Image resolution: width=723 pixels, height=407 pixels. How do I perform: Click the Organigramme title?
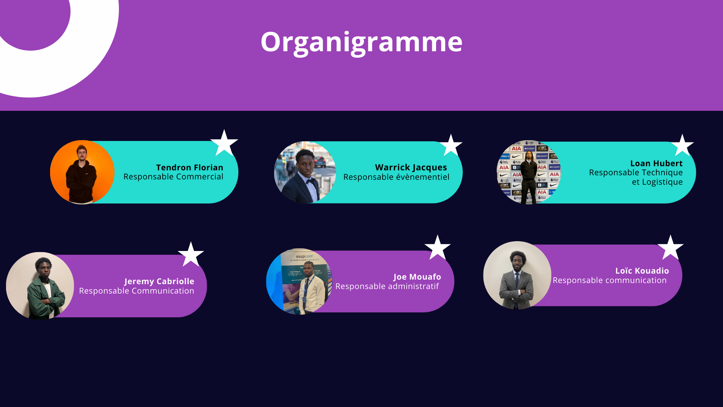tap(361, 42)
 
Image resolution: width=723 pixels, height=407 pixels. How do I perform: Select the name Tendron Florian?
tap(190, 167)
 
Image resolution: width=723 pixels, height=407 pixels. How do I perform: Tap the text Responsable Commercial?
tap(173, 177)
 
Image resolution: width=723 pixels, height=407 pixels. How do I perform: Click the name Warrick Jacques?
tap(411, 168)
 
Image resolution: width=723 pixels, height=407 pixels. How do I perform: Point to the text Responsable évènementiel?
tap(396, 177)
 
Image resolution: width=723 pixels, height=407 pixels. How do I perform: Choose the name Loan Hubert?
tap(656, 163)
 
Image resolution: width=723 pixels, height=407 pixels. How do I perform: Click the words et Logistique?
tap(657, 182)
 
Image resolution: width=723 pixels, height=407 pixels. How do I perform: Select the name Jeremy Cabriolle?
tap(159, 282)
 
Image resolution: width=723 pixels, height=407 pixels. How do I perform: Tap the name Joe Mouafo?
tap(417, 277)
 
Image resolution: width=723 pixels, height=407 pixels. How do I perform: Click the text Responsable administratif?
tap(387, 286)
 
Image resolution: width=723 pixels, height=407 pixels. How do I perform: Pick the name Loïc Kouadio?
tap(642, 271)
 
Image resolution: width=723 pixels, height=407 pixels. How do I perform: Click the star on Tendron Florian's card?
tap(224, 143)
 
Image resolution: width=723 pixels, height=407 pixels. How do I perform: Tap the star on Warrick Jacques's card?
tap(451, 145)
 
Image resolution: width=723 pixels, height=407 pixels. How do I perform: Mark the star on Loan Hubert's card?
tap(682, 145)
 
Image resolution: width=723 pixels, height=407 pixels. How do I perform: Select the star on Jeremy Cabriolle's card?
tap(191, 254)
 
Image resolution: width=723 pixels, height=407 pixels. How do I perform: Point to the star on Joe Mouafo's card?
tap(438, 248)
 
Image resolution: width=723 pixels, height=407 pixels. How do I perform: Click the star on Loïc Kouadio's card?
tap(670, 248)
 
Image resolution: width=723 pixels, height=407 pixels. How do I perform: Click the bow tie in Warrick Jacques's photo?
tap(311, 182)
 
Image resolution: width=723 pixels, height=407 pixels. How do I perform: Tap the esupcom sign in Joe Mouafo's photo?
tap(304, 256)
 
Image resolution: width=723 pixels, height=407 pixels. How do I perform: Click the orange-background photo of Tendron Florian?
tap(82, 172)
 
